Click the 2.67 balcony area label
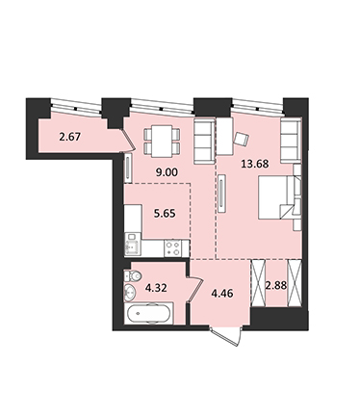69,137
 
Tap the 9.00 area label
167,172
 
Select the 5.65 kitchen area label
165,213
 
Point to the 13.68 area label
255,164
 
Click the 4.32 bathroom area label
156,288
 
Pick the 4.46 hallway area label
222,293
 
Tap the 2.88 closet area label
276,285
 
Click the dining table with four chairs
162,141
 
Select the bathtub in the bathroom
148,314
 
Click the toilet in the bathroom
132,275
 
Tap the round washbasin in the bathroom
130,292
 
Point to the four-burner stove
172,248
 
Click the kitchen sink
133,245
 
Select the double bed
280,197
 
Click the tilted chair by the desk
241,139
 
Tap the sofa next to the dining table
204,142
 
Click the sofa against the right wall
291,141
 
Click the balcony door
127,141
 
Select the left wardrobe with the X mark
258,283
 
